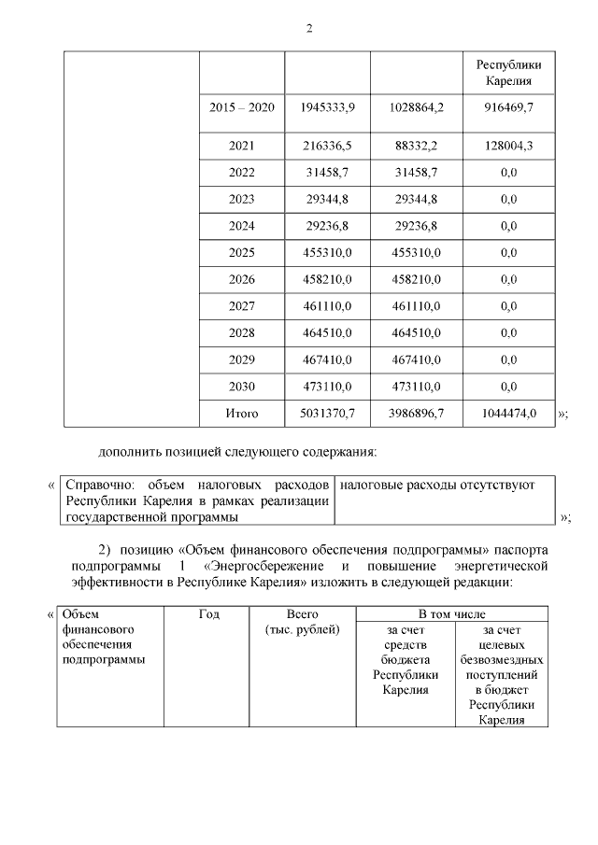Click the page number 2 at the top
pos(308,27)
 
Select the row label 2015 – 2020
pos(242,108)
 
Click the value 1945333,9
pos(327,108)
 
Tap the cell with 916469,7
pos(508,108)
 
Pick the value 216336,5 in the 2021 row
pos(327,147)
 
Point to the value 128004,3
pos(508,147)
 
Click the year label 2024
pos(242,226)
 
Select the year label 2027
pos(242,306)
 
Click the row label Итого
pos(242,413)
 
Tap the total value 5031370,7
pos(327,413)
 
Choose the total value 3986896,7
pos(417,413)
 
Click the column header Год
pos(208,614)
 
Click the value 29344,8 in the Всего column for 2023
pos(327,199)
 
